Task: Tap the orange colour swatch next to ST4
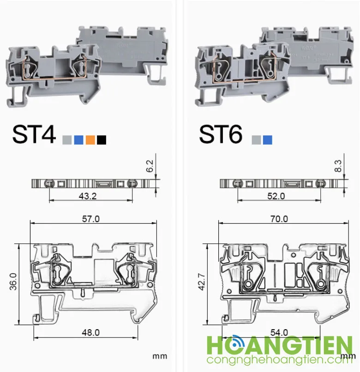click(x=90, y=140)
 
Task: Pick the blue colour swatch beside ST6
click(x=268, y=140)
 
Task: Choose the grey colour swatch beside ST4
click(x=67, y=140)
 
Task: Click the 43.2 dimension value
click(x=88, y=196)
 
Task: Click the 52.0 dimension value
click(x=276, y=196)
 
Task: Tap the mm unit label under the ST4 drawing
click(x=159, y=356)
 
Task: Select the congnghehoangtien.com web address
click(x=276, y=360)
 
